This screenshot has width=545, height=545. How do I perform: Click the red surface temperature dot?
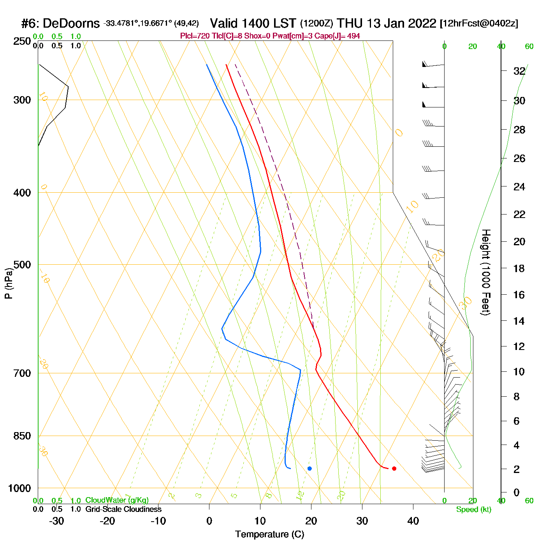[x=394, y=468]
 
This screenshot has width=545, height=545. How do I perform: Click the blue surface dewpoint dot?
[x=309, y=468]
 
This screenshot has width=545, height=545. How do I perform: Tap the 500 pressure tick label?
[x=22, y=265]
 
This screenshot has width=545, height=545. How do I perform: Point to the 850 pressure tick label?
[x=22, y=436]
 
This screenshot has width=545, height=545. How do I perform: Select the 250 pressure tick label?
[x=22, y=41]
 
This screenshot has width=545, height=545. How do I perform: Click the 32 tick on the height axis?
[x=519, y=71]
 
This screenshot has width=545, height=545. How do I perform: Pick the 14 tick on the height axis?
[x=519, y=321]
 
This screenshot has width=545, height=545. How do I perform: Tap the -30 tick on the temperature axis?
[x=56, y=521]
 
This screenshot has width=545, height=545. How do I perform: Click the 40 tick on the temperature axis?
[x=413, y=521]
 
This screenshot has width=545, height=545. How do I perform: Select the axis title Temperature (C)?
[x=269, y=534]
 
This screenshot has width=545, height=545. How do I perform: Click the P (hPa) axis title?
[x=9, y=283]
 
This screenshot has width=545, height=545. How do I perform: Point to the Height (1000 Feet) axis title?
[x=486, y=272]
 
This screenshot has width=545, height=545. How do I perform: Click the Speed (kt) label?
[x=473, y=510]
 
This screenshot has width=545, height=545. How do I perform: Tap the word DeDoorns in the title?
[x=71, y=23]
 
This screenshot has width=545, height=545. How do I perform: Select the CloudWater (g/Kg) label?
[x=117, y=500]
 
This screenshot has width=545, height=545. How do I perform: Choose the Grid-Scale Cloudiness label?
[x=123, y=509]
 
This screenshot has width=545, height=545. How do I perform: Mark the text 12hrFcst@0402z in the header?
[x=479, y=23]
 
